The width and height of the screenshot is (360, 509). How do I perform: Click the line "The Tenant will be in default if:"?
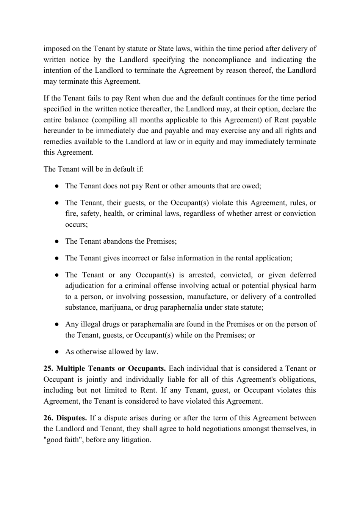tap(94, 169)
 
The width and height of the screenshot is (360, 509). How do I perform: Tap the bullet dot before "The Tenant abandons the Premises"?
tap(56, 241)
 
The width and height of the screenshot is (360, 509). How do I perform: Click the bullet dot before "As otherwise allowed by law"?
tap(56, 352)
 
